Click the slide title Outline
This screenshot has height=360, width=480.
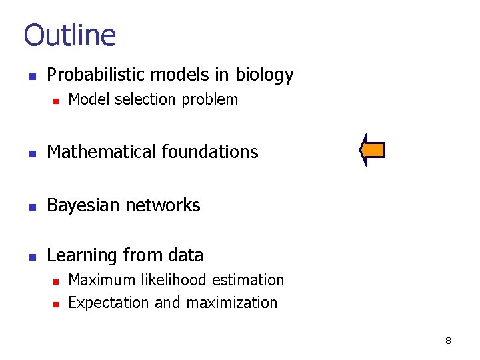point(69,35)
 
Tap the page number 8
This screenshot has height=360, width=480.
point(448,341)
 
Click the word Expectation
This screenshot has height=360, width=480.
point(109,303)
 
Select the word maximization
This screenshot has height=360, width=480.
point(231,303)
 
